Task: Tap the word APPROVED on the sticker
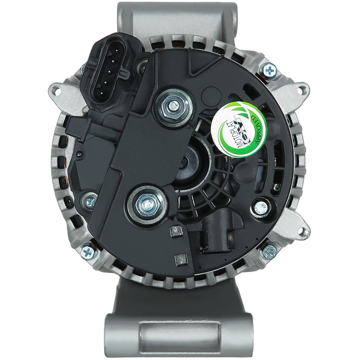click(256, 130)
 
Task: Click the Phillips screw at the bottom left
click(88, 252)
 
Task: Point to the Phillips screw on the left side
click(90, 201)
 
